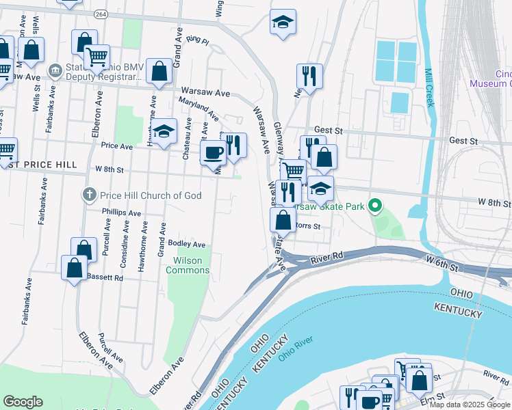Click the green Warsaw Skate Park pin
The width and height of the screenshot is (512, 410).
(x=374, y=205)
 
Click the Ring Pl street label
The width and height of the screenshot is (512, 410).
(x=196, y=41)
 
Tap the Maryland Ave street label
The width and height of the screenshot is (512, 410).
(x=199, y=108)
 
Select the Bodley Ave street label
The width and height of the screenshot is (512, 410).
(x=187, y=244)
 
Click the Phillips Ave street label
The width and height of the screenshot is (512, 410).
(x=120, y=213)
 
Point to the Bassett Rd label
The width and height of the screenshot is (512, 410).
(x=105, y=277)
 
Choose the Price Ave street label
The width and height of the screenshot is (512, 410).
(x=116, y=146)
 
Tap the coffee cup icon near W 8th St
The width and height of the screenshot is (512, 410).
(x=213, y=152)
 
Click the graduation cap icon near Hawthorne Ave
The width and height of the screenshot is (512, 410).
(x=164, y=132)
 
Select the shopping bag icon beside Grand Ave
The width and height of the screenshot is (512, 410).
(x=159, y=71)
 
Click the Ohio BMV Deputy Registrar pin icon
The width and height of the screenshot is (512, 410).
(x=55, y=70)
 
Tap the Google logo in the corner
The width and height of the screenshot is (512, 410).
(x=23, y=402)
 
